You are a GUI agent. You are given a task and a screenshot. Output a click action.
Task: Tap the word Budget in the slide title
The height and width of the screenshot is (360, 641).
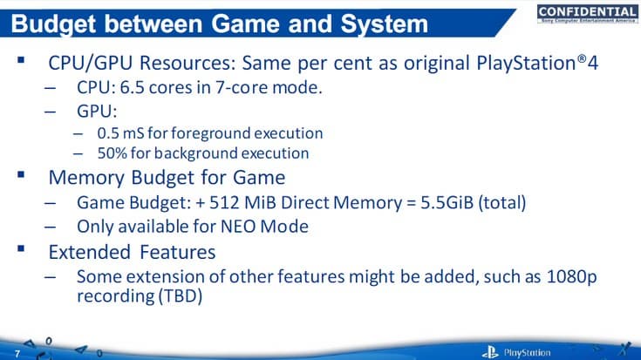tap(56, 24)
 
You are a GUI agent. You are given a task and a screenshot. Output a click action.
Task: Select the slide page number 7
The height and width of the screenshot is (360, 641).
tap(17, 353)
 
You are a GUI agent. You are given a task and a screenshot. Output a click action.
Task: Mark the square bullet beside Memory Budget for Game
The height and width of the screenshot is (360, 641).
tap(19, 176)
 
